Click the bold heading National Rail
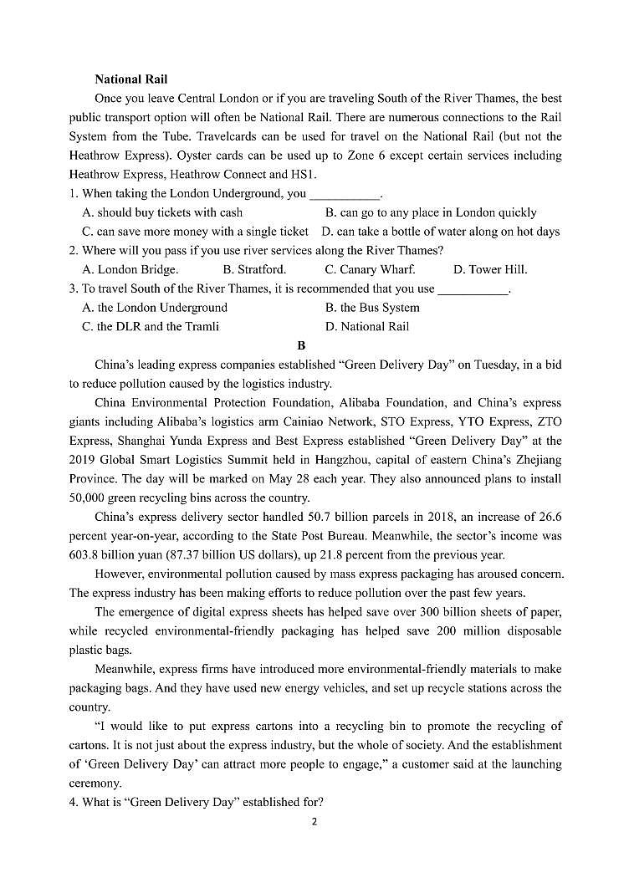coord(130,79)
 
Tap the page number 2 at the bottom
coord(314,821)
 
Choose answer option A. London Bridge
coord(130,269)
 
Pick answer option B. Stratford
coord(254,269)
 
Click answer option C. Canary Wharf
coord(370,269)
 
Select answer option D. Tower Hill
coord(490,269)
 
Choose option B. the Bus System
coord(372,307)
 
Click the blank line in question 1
coord(345,194)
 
